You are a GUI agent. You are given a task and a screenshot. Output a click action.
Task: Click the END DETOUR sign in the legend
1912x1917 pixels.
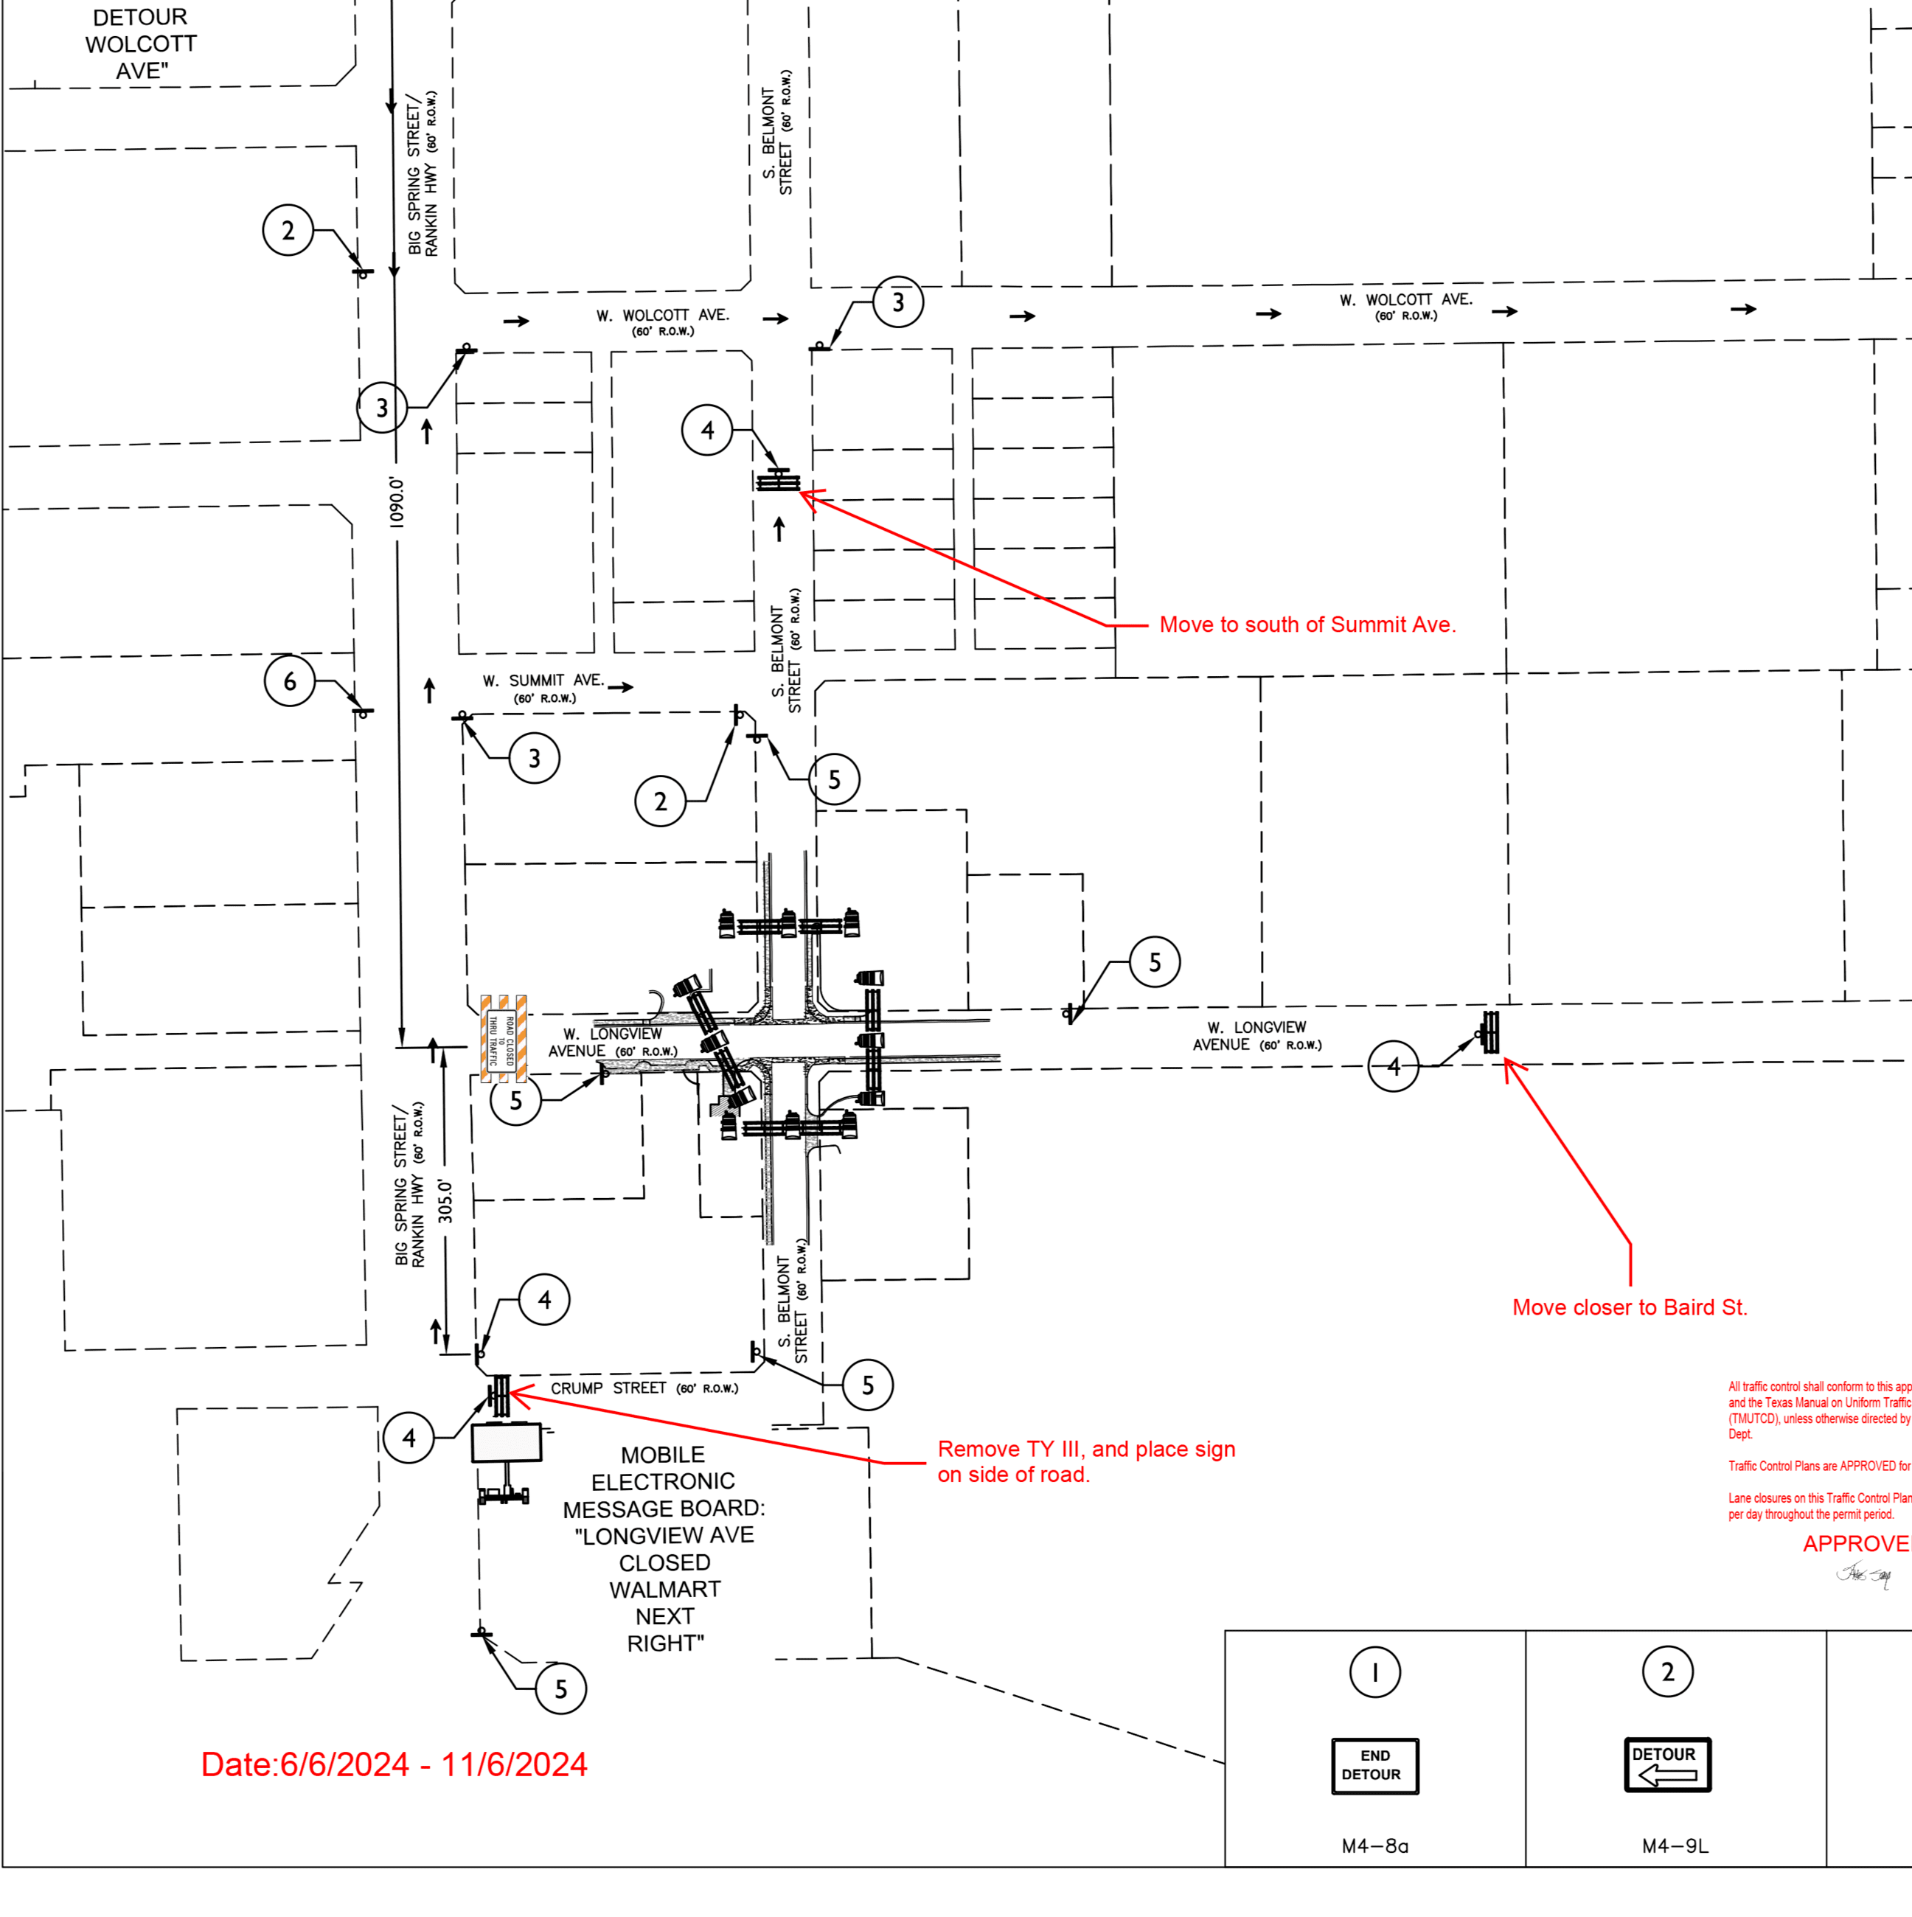[x=1374, y=1765]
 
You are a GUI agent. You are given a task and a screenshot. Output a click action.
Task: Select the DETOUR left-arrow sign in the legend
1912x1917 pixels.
[x=1667, y=1764]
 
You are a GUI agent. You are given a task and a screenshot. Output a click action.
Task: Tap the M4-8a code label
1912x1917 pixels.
[x=1374, y=1846]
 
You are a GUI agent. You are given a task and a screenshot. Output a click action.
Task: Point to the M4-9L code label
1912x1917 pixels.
[x=1675, y=1846]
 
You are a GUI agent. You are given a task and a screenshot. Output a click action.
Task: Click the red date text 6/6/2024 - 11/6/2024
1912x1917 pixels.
[x=394, y=1764]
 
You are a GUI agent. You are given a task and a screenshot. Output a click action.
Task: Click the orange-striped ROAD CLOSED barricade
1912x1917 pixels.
[x=503, y=1038]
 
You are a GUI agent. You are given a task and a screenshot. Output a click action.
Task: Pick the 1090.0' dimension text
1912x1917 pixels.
[x=397, y=502]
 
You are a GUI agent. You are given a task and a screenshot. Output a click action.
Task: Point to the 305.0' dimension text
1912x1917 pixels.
[x=445, y=1200]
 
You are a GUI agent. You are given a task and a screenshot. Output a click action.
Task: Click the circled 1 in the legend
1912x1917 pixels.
[x=1374, y=1672]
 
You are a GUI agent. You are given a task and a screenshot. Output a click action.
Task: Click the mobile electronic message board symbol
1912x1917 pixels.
[x=506, y=1444]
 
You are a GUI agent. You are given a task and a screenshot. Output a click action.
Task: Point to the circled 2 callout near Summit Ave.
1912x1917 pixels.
[x=661, y=801]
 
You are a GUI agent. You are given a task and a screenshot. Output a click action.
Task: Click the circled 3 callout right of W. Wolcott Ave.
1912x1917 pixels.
[x=898, y=302]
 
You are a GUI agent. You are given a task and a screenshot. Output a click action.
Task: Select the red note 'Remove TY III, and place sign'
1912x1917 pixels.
[x=1085, y=1449]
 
